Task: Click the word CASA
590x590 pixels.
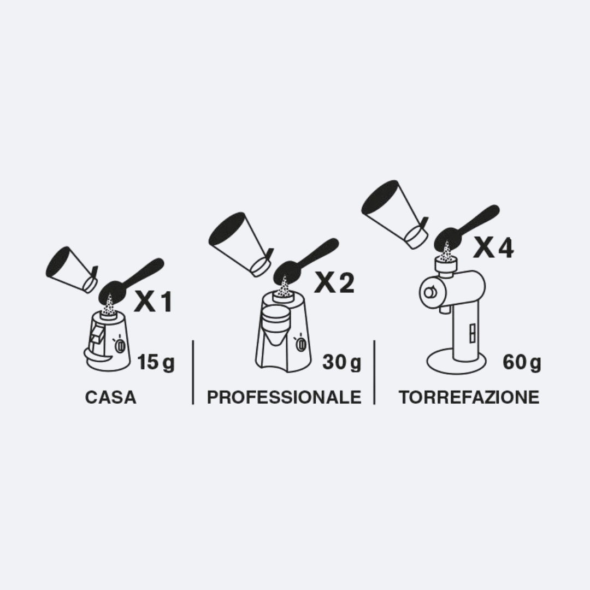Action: [x=110, y=397]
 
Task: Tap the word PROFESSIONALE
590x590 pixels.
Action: [x=284, y=397]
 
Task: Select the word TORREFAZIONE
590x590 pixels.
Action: [x=469, y=397]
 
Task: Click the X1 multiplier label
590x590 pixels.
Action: [x=154, y=302]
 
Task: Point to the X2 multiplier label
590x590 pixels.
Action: [x=334, y=282]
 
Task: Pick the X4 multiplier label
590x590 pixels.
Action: [x=493, y=248]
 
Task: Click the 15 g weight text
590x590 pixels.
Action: [x=156, y=362]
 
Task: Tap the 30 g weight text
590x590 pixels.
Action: [x=341, y=362]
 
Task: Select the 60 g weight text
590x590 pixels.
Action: [x=522, y=362]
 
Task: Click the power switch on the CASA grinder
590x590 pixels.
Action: [x=120, y=345]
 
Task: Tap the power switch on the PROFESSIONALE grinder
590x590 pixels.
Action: [x=301, y=344]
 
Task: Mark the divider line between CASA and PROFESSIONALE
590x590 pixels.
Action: [x=193, y=373]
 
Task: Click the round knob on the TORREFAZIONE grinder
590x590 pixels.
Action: [x=429, y=292]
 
